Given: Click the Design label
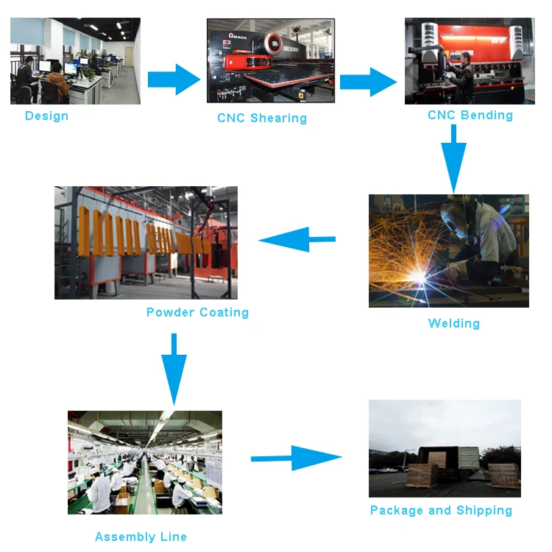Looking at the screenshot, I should pos(46,116).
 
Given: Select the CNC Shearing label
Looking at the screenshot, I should pos(262,118).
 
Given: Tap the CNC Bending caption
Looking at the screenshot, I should pos(470,115).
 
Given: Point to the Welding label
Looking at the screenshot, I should pos(454,323).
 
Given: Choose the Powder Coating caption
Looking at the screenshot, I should pos(197,312).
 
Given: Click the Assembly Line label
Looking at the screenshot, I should pos(141,537).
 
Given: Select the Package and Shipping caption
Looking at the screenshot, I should pos(441,510).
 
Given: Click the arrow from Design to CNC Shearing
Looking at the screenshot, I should pos(174,79).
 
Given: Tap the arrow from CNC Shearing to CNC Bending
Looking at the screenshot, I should pos(368,81).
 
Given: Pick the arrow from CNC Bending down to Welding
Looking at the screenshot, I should pos(453,158).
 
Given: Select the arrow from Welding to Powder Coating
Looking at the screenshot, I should pos(297,239).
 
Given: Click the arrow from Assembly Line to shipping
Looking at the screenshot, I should pos(296,458).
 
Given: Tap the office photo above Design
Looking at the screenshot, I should pos(75,61).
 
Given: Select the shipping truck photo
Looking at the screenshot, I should pos(445,448).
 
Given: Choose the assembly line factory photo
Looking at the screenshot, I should pos(144,462).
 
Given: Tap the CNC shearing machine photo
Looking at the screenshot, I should pos(270,60).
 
